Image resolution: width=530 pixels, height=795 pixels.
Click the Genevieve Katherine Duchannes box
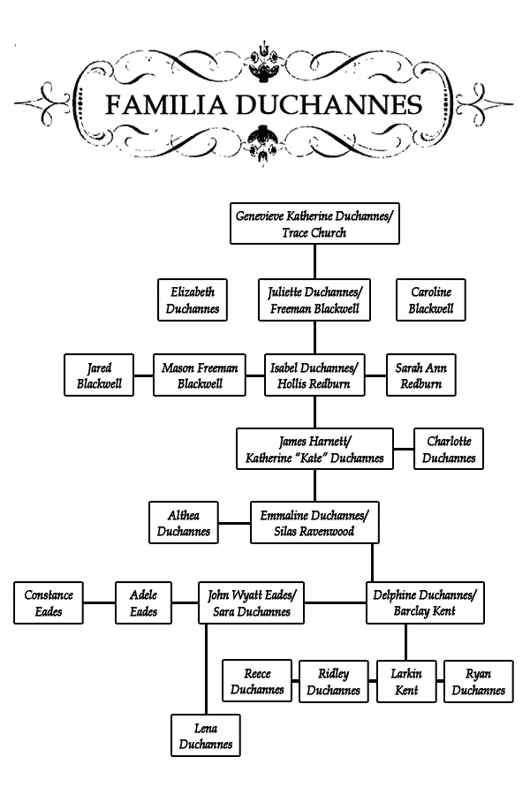coord(314,223)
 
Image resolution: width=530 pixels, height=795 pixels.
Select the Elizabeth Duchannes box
coord(193,299)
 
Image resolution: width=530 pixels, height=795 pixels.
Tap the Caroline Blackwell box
coord(430,299)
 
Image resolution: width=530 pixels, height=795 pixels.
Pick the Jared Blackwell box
coord(99,375)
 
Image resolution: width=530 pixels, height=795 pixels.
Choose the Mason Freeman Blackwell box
coord(200,375)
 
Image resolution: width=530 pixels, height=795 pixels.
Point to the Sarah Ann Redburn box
coord(421,375)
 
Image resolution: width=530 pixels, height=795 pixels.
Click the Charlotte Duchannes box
coord(449,449)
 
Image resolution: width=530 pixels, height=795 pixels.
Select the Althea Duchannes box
coord(184,523)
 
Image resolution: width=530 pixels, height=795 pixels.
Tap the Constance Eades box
coord(49,602)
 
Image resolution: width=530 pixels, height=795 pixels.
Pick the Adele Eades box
coord(143,602)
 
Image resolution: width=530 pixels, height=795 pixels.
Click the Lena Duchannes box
coord(206,736)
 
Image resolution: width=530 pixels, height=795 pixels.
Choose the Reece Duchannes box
coord(257,681)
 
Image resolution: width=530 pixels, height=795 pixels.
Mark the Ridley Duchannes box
coord(334,681)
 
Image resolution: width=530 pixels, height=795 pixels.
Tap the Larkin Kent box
coord(406,681)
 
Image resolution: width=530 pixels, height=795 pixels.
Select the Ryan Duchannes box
coord(479,681)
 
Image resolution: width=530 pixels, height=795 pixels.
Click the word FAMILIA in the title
coord(165,104)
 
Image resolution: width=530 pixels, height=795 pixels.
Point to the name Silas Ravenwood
coord(314,532)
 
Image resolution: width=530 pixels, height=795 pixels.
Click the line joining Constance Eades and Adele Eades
coord(99,602)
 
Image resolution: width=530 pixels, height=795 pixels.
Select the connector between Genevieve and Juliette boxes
coord(314,261)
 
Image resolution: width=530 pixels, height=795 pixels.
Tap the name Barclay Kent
coord(425,611)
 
